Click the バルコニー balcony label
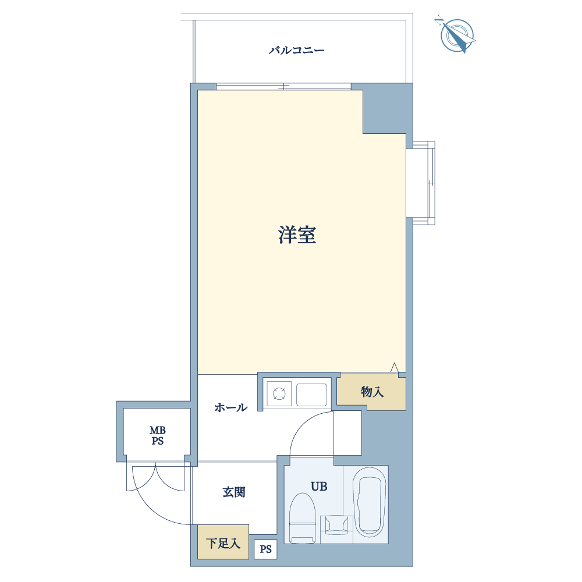296,49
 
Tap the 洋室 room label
297,235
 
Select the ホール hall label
231,407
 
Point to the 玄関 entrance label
234,492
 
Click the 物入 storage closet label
372,392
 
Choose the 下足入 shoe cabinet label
223,544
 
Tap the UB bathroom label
319,486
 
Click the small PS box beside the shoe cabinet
265,549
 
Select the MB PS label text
157,436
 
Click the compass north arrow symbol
457,35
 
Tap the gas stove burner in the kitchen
279,394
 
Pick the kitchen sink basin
311,395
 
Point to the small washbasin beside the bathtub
336,524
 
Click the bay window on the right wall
420,183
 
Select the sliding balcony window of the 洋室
283,87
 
